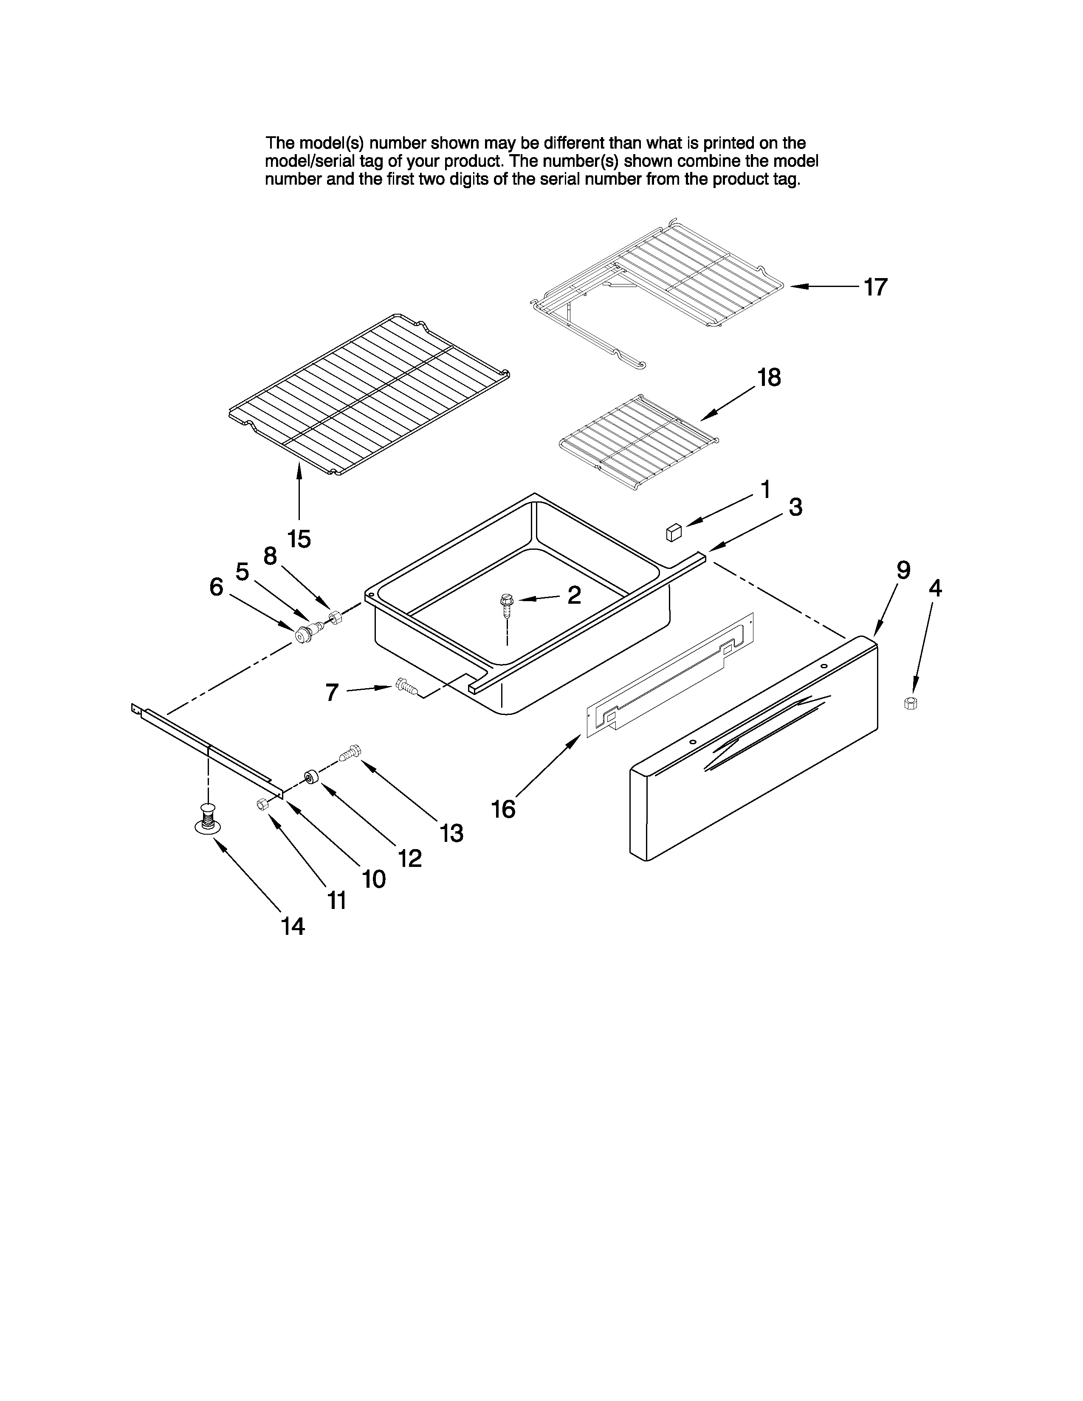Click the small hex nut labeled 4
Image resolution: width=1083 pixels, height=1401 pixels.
910,703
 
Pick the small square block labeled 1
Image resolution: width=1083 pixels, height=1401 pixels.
673,532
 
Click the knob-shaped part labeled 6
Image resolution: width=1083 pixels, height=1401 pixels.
302,634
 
